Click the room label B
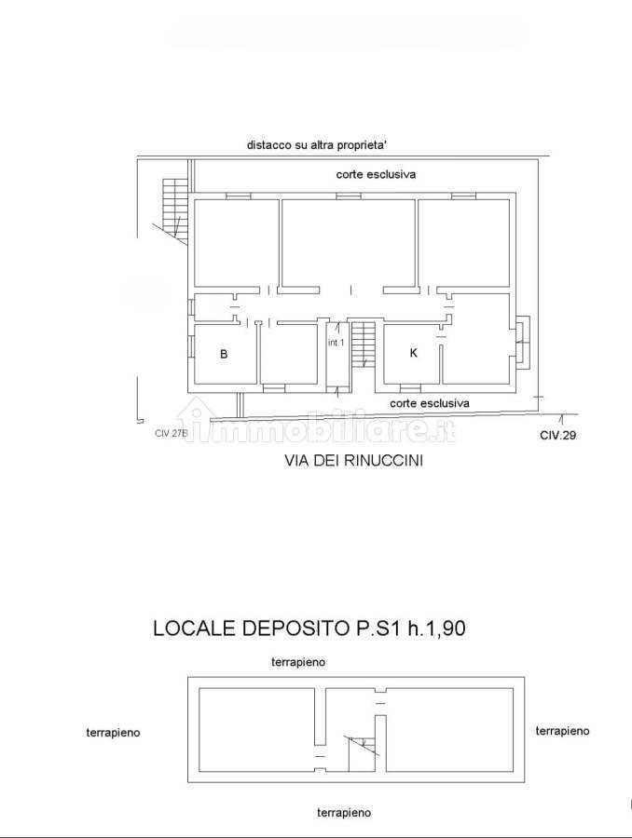click(224, 354)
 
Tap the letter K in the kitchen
click(413, 353)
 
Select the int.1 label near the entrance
click(337, 343)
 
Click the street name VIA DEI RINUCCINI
click(353, 460)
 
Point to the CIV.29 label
click(557, 435)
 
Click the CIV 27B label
click(172, 433)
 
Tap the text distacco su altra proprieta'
click(317, 145)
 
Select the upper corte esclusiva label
click(376, 174)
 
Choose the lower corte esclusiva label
click(429, 403)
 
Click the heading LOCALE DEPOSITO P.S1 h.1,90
click(309, 628)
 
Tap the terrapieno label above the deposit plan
click(298, 662)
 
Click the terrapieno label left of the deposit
click(113, 732)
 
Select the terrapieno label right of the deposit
click(562, 731)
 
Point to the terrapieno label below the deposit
click(344, 813)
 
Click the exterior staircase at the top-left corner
click(175, 208)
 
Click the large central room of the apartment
click(349, 243)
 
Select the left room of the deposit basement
click(256, 730)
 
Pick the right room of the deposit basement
click(449, 730)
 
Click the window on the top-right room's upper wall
click(463, 196)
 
